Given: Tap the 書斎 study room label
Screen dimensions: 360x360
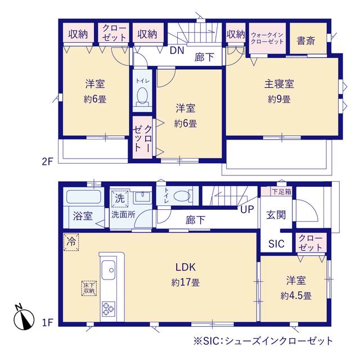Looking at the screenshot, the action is (x=306, y=40).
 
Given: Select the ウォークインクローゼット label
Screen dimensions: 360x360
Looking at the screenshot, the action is (x=267, y=38).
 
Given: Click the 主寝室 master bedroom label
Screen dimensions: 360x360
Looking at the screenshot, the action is (x=279, y=84).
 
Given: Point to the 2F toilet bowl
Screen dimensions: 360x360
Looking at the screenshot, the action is (x=142, y=95).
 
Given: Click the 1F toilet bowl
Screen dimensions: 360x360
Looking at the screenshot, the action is (x=182, y=196).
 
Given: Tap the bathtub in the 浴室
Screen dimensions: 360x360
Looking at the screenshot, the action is (x=83, y=197).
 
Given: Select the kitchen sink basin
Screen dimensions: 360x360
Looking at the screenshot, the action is (x=109, y=270).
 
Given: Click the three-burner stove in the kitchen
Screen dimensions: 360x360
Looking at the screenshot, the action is (x=109, y=309).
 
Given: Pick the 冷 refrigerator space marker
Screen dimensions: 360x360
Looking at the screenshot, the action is (x=71, y=242).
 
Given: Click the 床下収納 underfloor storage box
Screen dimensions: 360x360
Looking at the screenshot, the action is (x=89, y=289).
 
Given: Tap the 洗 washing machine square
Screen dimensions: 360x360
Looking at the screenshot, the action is (x=120, y=199).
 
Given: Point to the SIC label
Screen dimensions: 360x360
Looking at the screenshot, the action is (x=276, y=244).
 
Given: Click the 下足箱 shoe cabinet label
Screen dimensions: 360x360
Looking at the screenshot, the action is (x=281, y=191).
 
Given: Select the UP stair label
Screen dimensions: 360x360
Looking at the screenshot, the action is (x=247, y=209).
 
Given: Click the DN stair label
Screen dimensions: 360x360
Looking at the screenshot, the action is (x=177, y=51).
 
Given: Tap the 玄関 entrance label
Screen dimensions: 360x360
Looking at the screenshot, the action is (x=276, y=215).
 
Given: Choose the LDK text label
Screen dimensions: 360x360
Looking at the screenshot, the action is (x=186, y=267).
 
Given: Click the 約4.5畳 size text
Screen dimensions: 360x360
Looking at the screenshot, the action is (x=296, y=296).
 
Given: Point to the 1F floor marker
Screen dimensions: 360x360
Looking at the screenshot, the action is (x=47, y=323).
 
